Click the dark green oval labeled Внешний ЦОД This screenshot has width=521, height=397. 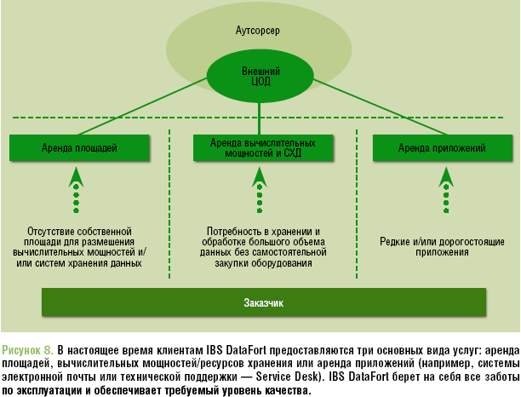pos(260,76)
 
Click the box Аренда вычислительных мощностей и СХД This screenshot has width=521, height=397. pos(260,147)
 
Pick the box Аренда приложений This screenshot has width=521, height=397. pos(442,147)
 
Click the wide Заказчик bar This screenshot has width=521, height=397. pos(264,302)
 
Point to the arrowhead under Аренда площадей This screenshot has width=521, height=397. pos(76,175)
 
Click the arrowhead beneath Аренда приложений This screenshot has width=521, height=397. pos(445,175)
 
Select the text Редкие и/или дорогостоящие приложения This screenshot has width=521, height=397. pos(442,247)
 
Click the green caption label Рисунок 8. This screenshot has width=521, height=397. pos(28,349)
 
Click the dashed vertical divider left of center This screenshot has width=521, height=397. pos(169,204)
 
